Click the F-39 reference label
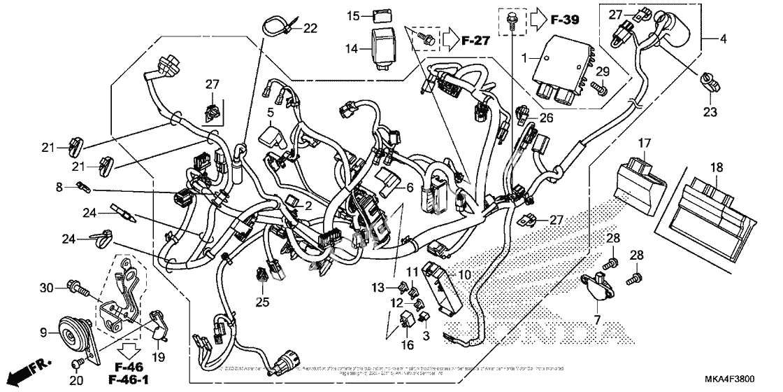(566, 20)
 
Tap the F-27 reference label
(475, 42)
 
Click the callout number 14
(352, 48)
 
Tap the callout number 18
(717, 169)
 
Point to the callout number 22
(310, 28)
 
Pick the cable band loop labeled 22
(274, 29)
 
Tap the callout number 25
(263, 302)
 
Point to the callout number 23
(710, 111)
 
